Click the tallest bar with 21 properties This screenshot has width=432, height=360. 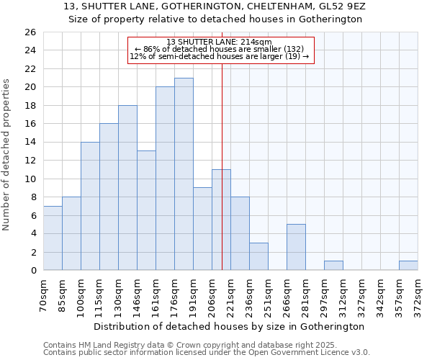pyautogui.click(x=184, y=174)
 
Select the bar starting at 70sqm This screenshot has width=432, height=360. pyautogui.click(x=53, y=238)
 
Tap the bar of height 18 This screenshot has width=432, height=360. pyautogui.click(x=127, y=188)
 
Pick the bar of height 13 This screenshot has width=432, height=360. pyautogui.click(x=146, y=210)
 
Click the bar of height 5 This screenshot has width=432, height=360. pyautogui.click(x=296, y=247)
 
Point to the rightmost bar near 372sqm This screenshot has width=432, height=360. pyautogui.click(x=408, y=266)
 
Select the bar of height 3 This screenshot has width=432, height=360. pyautogui.click(x=258, y=256)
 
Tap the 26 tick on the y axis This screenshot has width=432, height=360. pyautogui.click(x=30, y=32)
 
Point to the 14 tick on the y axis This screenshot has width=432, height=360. pyautogui.click(x=30, y=143)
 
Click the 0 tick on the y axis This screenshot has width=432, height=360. pyautogui.click(x=33, y=271)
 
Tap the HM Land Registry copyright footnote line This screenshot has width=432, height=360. pyautogui.click(x=185, y=345)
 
